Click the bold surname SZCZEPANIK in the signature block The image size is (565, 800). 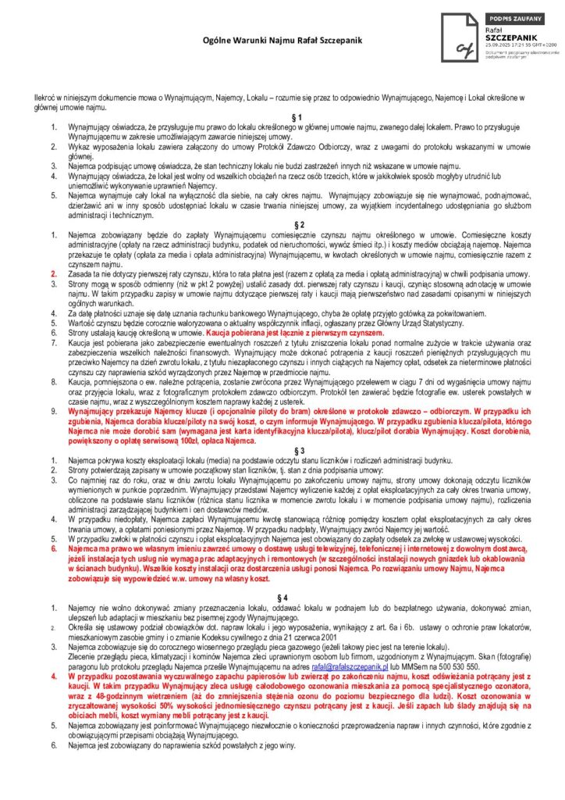[x=510, y=37]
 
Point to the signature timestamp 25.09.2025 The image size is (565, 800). [x=499, y=45]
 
